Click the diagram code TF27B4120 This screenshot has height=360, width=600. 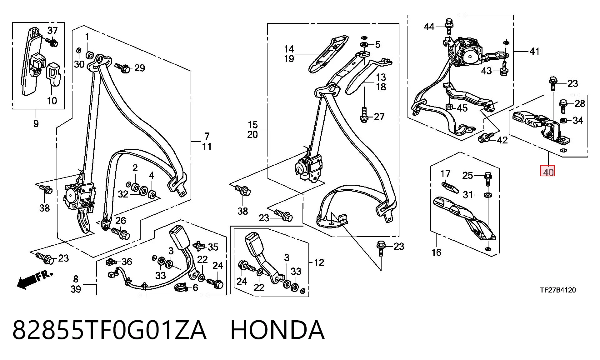point(558,290)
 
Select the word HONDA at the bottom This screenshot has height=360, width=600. point(277,330)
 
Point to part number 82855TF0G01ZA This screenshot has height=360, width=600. point(109,330)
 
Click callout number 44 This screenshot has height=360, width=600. point(429,27)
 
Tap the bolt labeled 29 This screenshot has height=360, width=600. point(122,68)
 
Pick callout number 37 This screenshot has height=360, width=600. point(52,30)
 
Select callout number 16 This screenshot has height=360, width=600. point(436,252)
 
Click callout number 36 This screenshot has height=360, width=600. point(127,262)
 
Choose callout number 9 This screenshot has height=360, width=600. point(36,123)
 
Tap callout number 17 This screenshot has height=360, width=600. point(445,173)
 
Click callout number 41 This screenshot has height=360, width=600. point(534,51)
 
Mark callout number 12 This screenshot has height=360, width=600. point(319,262)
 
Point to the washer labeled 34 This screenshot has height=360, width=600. point(564,120)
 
